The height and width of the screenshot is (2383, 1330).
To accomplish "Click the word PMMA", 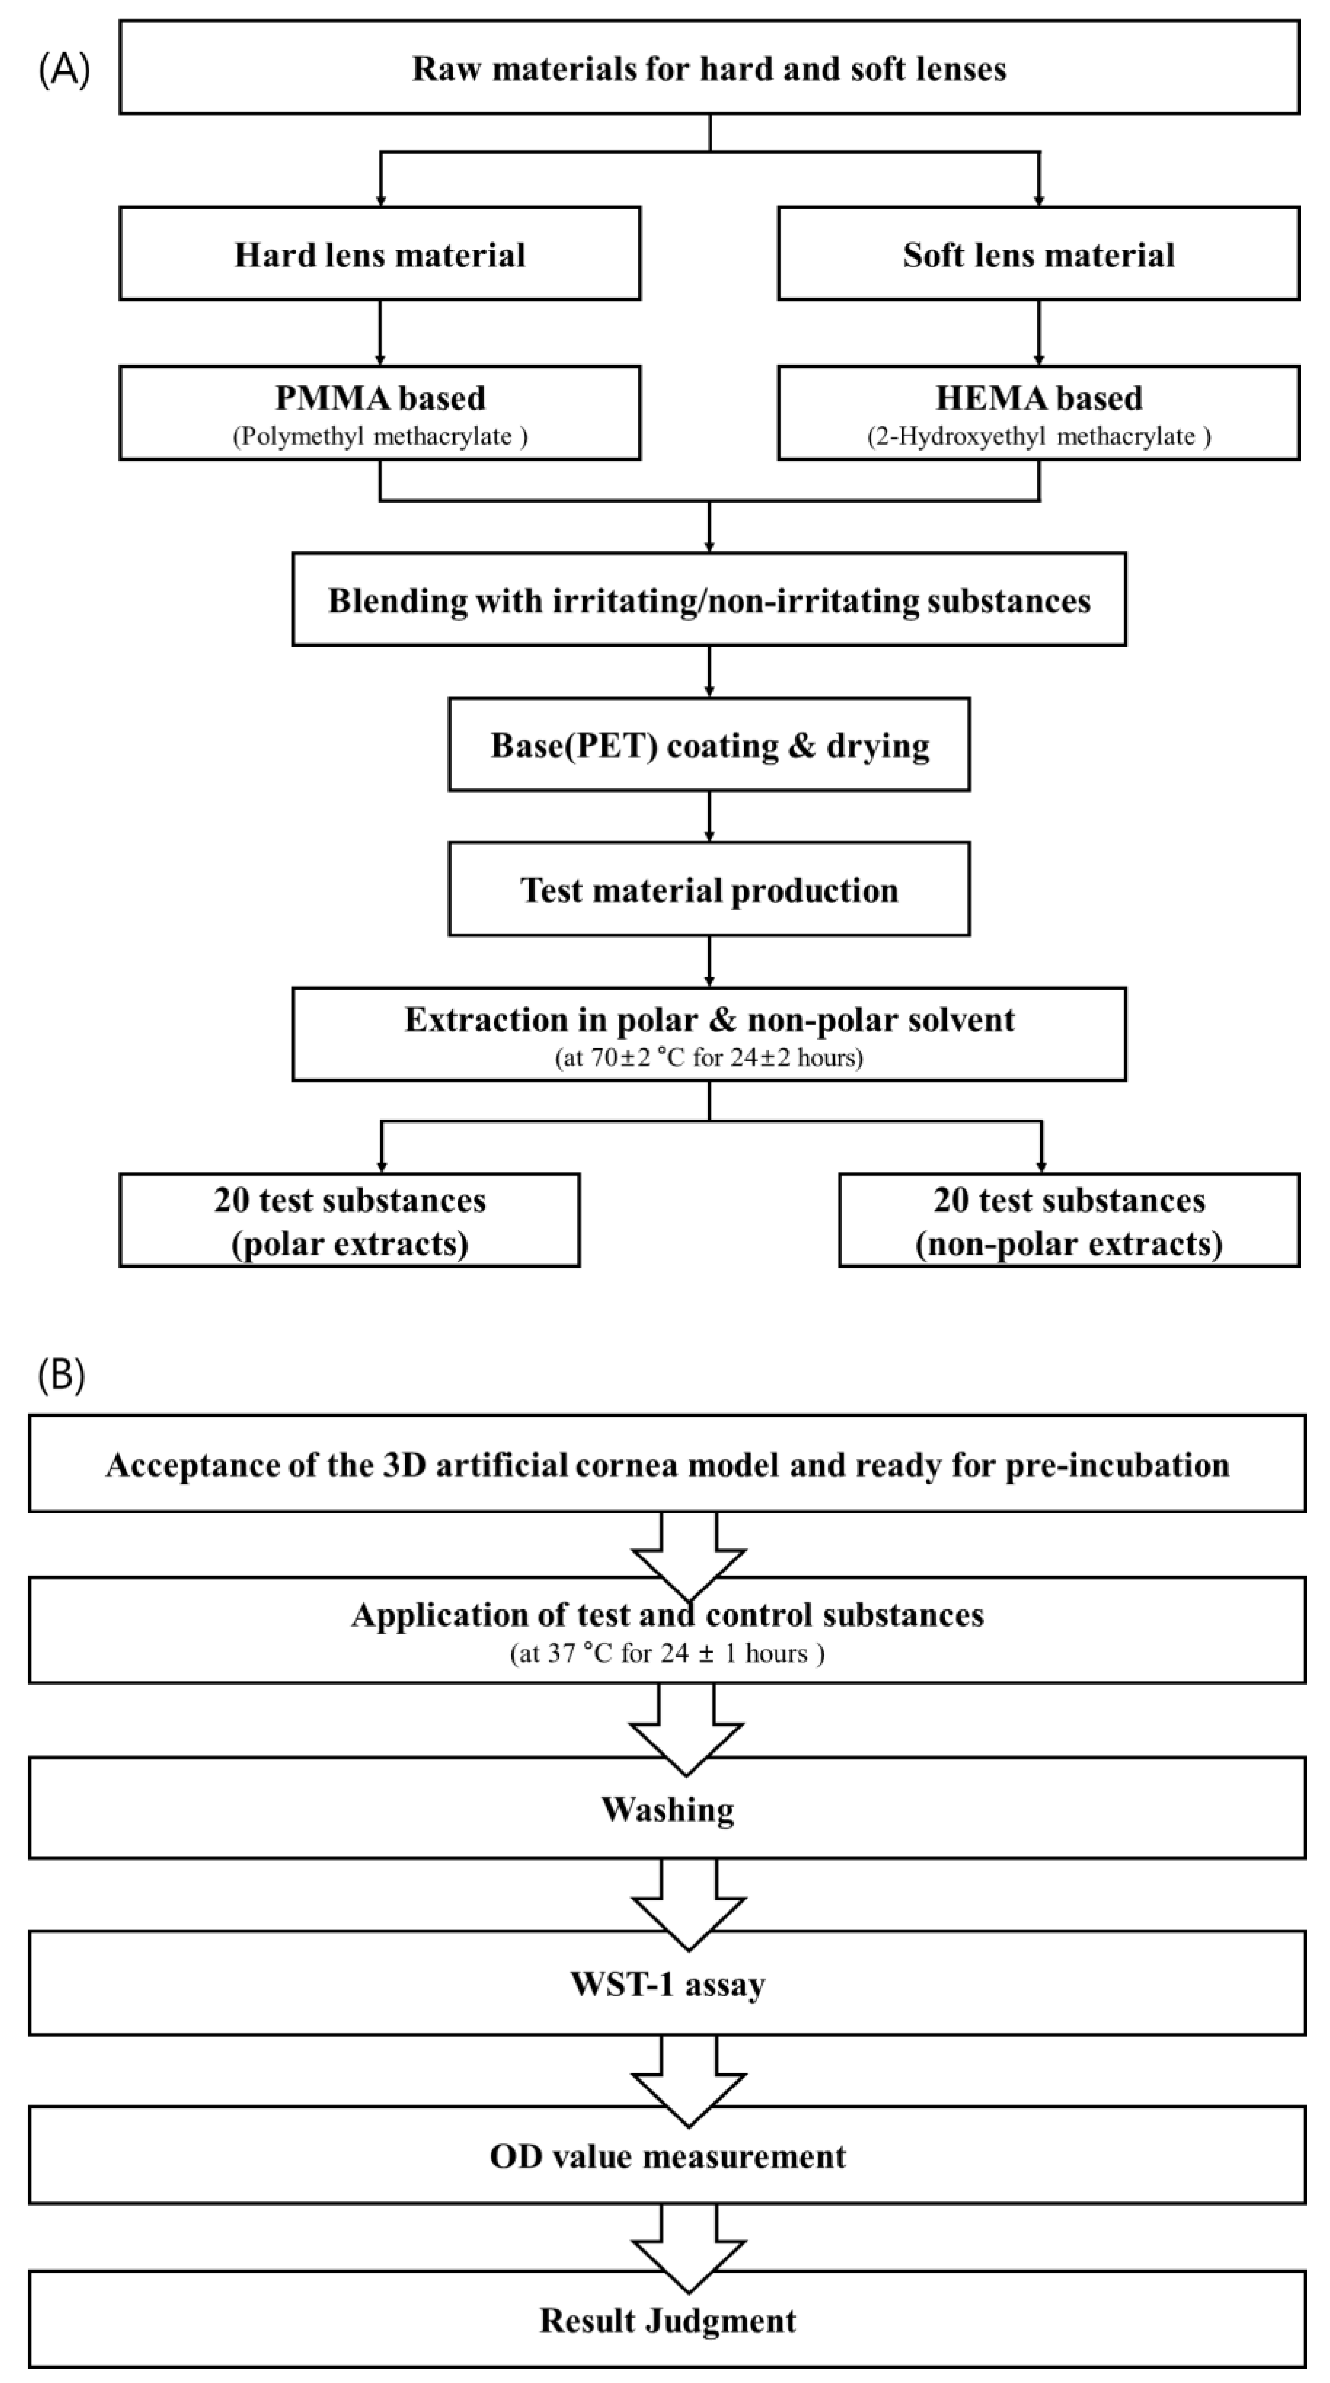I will (x=329, y=398).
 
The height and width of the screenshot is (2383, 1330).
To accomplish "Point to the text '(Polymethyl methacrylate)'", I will (x=380, y=436).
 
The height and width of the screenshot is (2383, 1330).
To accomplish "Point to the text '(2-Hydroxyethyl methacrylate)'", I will (x=1038, y=436).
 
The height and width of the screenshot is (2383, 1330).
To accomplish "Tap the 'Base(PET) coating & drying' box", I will (x=709, y=745).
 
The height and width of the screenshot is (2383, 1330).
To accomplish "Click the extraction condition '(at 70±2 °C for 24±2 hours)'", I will (x=709, y=1058).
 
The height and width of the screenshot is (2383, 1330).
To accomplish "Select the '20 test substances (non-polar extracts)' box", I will (x=1069, y=1220).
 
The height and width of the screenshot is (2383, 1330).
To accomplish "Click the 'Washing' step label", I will (x=667, y=1808).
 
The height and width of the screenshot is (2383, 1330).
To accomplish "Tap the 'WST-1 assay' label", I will (x=667, y=1984).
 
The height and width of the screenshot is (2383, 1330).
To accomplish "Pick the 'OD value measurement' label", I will (x=667, y=2156).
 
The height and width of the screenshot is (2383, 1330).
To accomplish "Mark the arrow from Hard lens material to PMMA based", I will (x=380, y=332).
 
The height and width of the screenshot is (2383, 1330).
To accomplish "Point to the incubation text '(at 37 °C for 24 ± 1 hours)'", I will (x=667, y=1653).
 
